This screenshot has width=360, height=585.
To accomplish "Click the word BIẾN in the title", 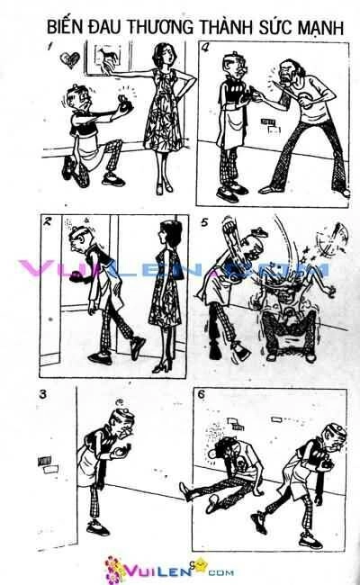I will [x=68, y=30].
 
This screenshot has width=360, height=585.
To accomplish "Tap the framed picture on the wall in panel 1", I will [x=105, y=60].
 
